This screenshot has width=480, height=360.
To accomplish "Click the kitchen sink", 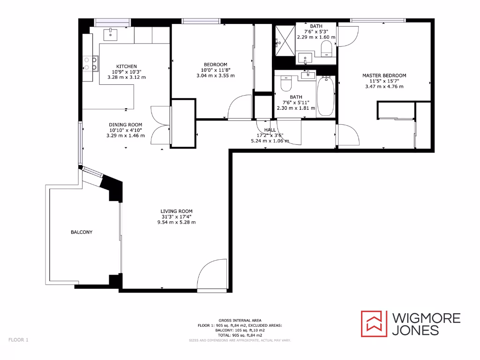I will click(112, 33).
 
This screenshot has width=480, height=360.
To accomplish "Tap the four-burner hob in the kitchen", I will click(90, 63).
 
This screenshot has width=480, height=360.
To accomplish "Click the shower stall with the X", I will click(284, 38).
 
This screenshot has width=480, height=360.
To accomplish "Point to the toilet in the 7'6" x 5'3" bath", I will click(326, 48).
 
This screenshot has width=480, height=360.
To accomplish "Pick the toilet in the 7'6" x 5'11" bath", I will click(285, 83).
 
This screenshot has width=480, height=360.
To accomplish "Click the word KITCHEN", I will click(127, 66).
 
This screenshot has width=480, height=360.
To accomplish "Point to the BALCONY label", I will click(82, 232).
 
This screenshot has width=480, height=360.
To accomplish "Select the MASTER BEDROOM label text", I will click(384, 75).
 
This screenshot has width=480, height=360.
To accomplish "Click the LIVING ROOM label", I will click(176, 211).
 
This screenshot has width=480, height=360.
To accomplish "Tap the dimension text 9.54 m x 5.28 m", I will click(176, 222).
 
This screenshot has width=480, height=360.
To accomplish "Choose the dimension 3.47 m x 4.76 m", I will click(384, 87).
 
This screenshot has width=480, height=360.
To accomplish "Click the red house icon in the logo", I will click(374, 323).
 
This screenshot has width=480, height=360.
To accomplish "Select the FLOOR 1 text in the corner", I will click(18, 339).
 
